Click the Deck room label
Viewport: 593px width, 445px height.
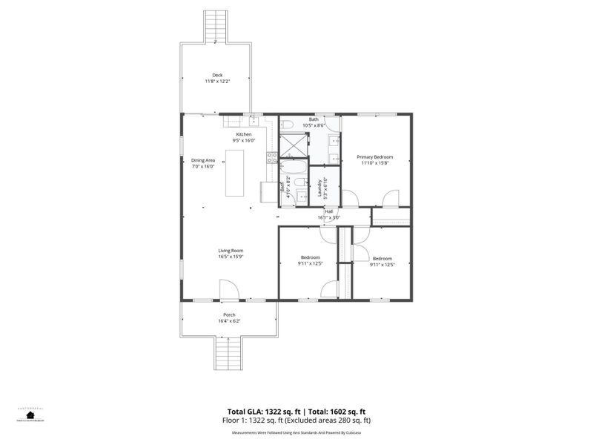tap(217, 75)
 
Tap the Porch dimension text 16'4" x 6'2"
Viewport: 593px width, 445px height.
tap(229, 321)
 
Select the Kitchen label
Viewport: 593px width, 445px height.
tap(244, 134)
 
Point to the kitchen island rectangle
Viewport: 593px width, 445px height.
tap(235, 173)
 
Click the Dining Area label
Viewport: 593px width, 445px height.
tap(203, 160)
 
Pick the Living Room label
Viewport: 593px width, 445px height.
tap(231, 251)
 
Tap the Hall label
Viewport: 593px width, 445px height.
tap(328, 211)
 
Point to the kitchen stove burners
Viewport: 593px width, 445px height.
tap(272, 156)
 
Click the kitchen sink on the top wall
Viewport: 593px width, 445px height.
tap(254, 119)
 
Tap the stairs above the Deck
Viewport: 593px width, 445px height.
tap(215, 27)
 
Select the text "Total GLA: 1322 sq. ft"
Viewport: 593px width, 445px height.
tap(264, 412)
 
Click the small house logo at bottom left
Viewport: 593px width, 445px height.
tap(30, 415)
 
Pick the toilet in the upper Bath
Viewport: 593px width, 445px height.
tap(290, 123)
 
